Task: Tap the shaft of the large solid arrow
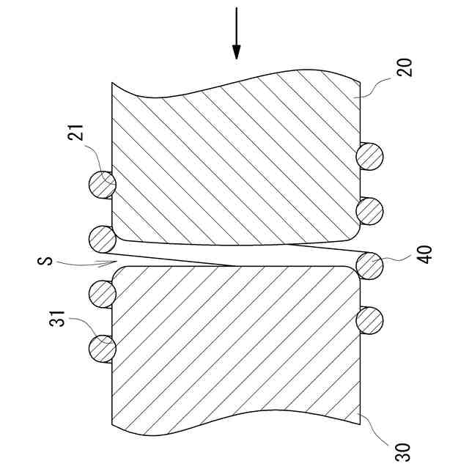point(236,26)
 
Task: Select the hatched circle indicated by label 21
point(102,184)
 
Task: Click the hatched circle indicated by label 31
point(102,348)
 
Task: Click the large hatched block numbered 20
point(234,161)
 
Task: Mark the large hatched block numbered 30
point(234,352)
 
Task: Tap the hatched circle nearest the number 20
point(371,155)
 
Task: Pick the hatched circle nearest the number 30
point(371,320)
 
